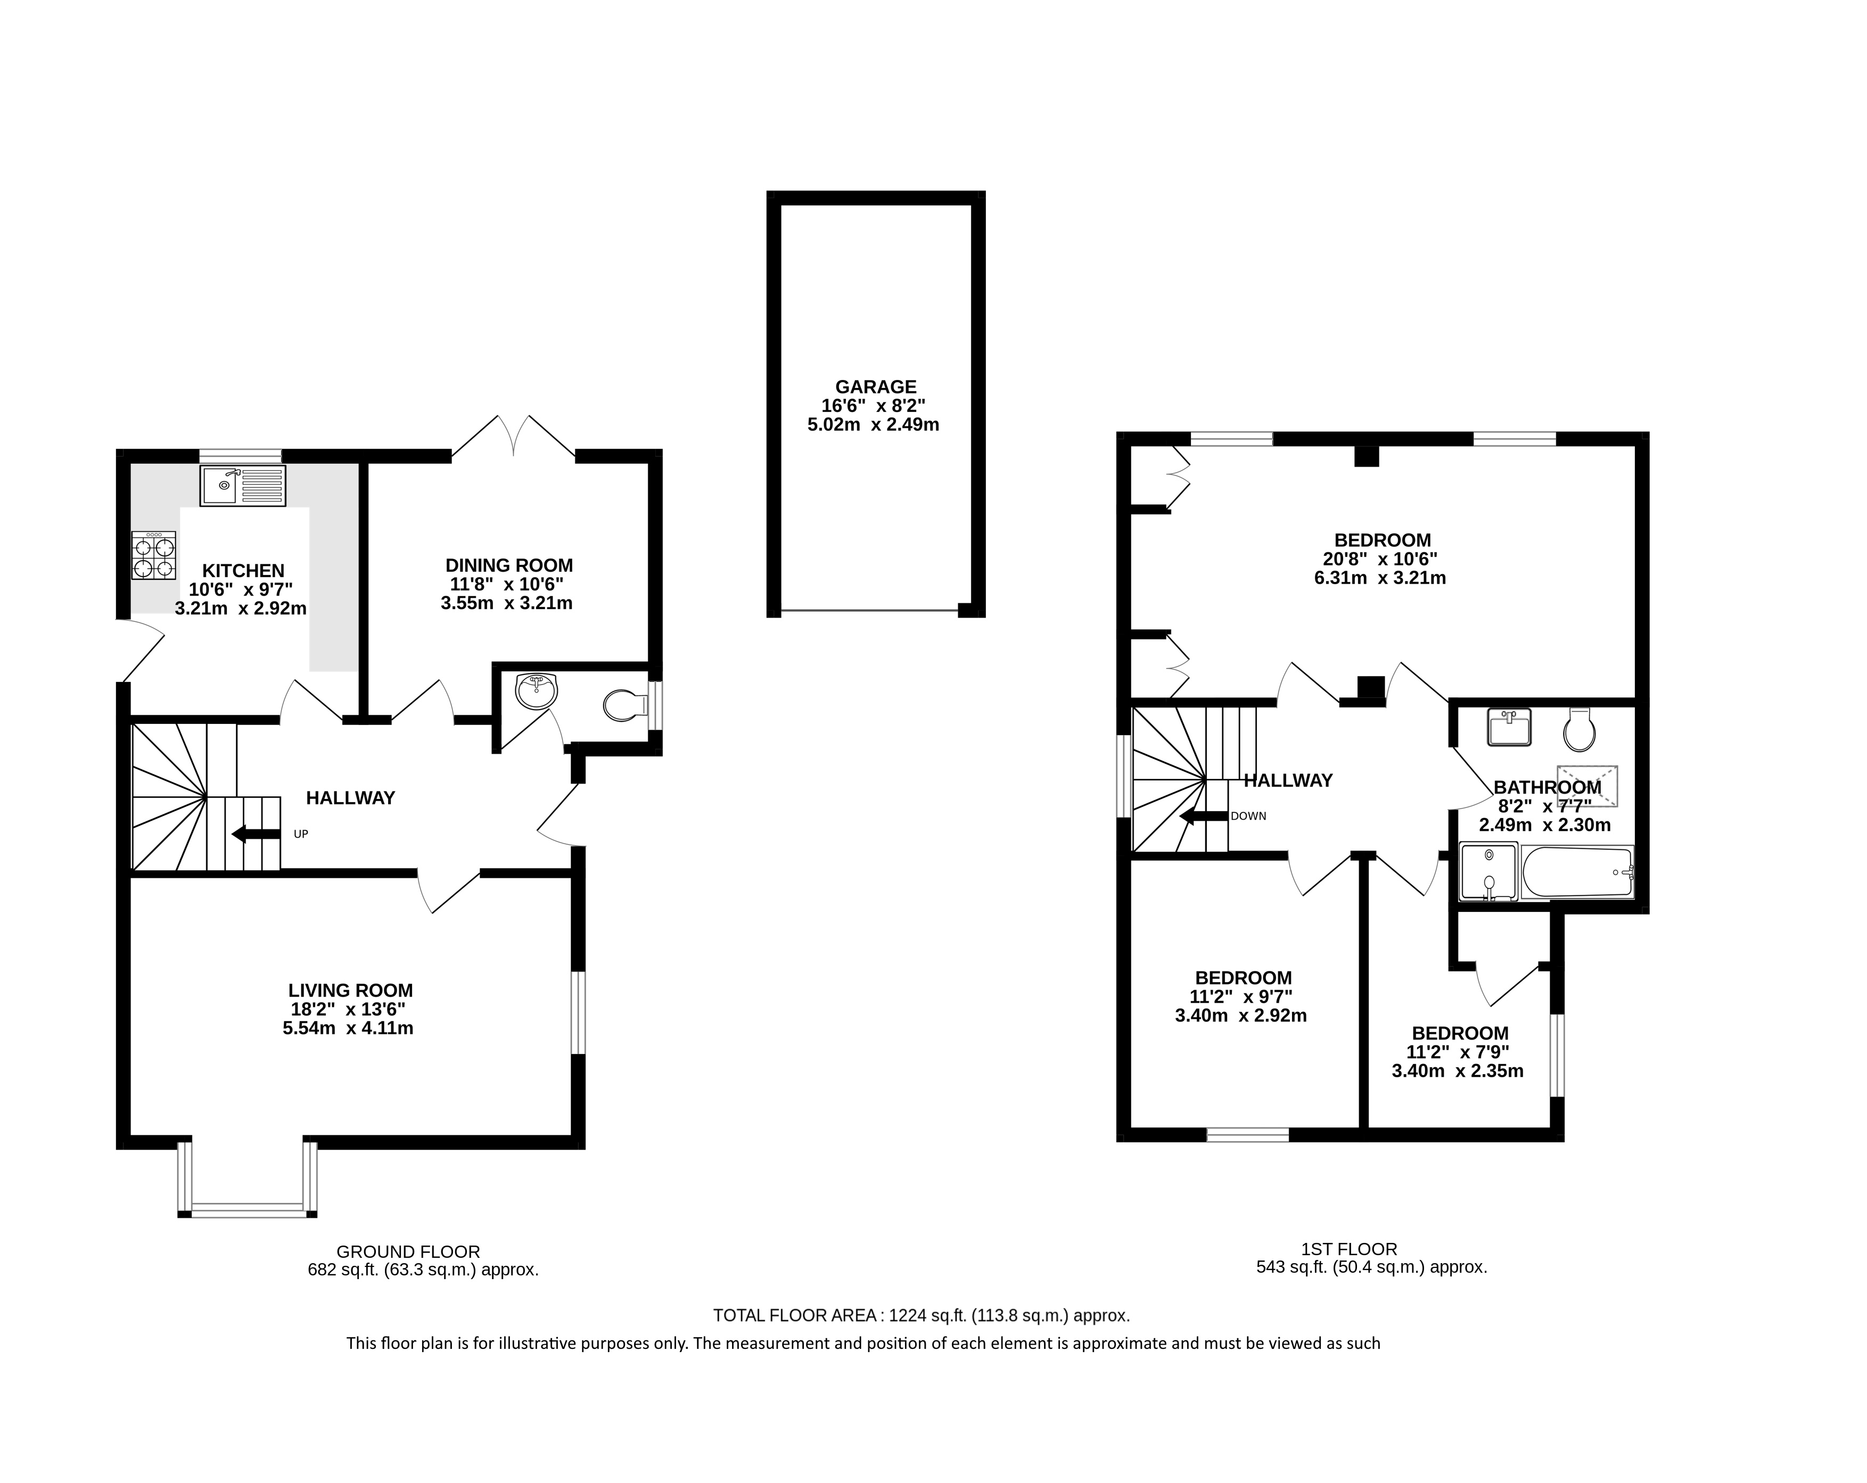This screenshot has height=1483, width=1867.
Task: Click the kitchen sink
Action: point(242,485)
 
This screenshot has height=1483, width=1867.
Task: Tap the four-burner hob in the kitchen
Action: point(153,556)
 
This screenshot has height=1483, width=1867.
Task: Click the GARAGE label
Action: point(876,387)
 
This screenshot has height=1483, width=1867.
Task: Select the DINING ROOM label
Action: point(509,565)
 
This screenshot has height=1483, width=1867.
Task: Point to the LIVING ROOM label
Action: point(351,991)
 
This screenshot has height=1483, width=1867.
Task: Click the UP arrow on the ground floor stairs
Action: point(256,834)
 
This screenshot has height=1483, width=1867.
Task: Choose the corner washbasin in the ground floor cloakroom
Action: point(536,691)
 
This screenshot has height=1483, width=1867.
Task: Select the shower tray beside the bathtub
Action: point(1488,872)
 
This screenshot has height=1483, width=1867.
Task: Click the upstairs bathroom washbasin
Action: point(1509,727)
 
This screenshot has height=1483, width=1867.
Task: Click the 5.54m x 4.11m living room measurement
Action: point(348,1028)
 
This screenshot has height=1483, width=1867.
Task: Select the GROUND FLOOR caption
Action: point(408,1252)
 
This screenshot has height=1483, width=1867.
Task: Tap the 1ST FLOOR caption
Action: point(1349,1249)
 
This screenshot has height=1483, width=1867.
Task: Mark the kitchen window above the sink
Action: point(241,455)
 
